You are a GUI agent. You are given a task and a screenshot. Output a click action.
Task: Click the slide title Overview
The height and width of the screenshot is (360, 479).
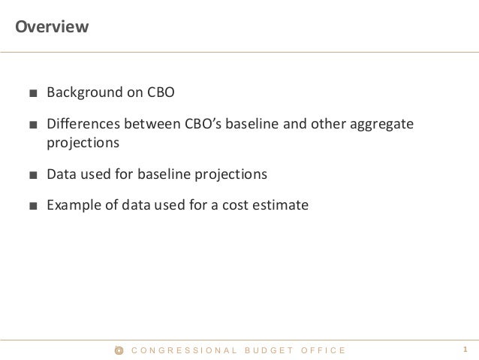point(53,28)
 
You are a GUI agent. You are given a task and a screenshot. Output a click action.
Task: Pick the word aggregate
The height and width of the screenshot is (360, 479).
point(381,123)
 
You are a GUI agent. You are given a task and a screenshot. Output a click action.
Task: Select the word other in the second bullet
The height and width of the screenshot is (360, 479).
point(324,123)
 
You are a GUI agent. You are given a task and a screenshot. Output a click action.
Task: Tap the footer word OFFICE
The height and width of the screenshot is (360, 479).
point(324,350)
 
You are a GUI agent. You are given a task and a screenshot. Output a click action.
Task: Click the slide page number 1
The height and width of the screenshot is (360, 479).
point(465,350)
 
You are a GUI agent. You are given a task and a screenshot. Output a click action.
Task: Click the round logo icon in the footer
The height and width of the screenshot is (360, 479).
point(119,350)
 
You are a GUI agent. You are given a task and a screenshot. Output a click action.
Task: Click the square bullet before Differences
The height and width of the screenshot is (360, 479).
point(33,124)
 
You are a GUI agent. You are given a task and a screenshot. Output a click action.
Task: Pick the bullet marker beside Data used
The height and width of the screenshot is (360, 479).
point(33,174)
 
